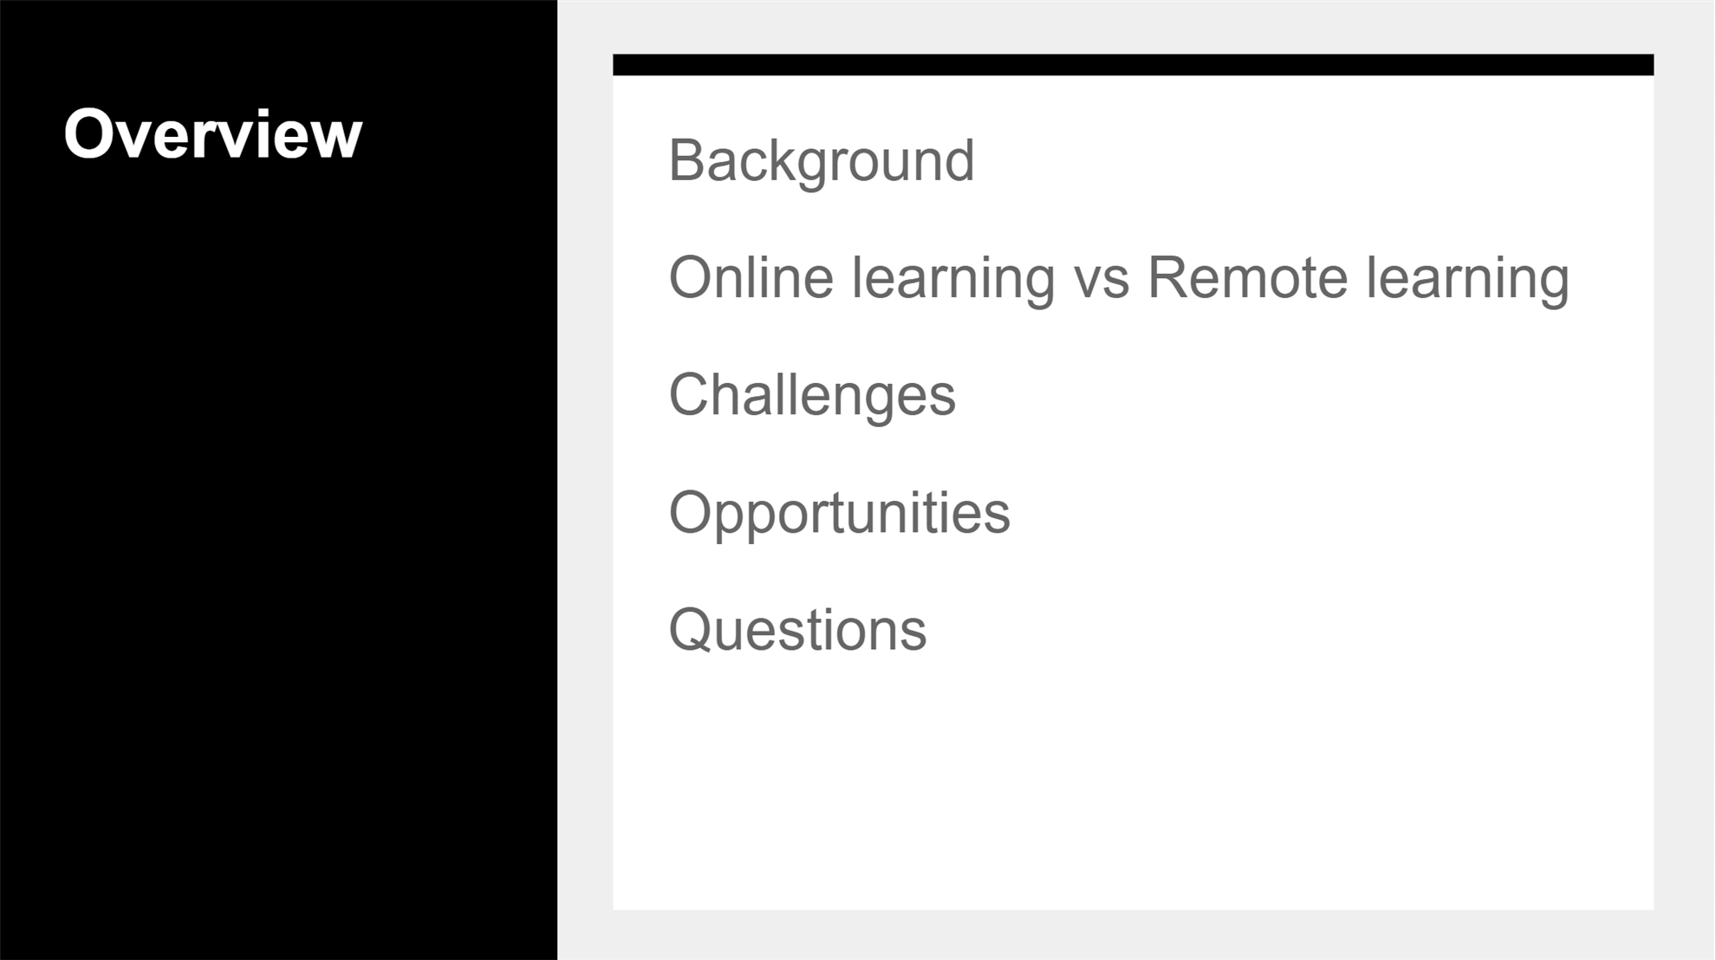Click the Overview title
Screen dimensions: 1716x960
(212, 134)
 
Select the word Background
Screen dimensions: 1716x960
(822, 162)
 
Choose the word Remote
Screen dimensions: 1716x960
(1248, 278)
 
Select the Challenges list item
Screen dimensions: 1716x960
(812, 396)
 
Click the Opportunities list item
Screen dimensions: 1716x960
(840, 514)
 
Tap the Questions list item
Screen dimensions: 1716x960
(797, 629)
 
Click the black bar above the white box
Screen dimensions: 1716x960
(1133, 65)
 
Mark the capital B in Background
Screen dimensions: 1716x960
(688, 160)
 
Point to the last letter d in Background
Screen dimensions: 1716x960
(959, 160)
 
